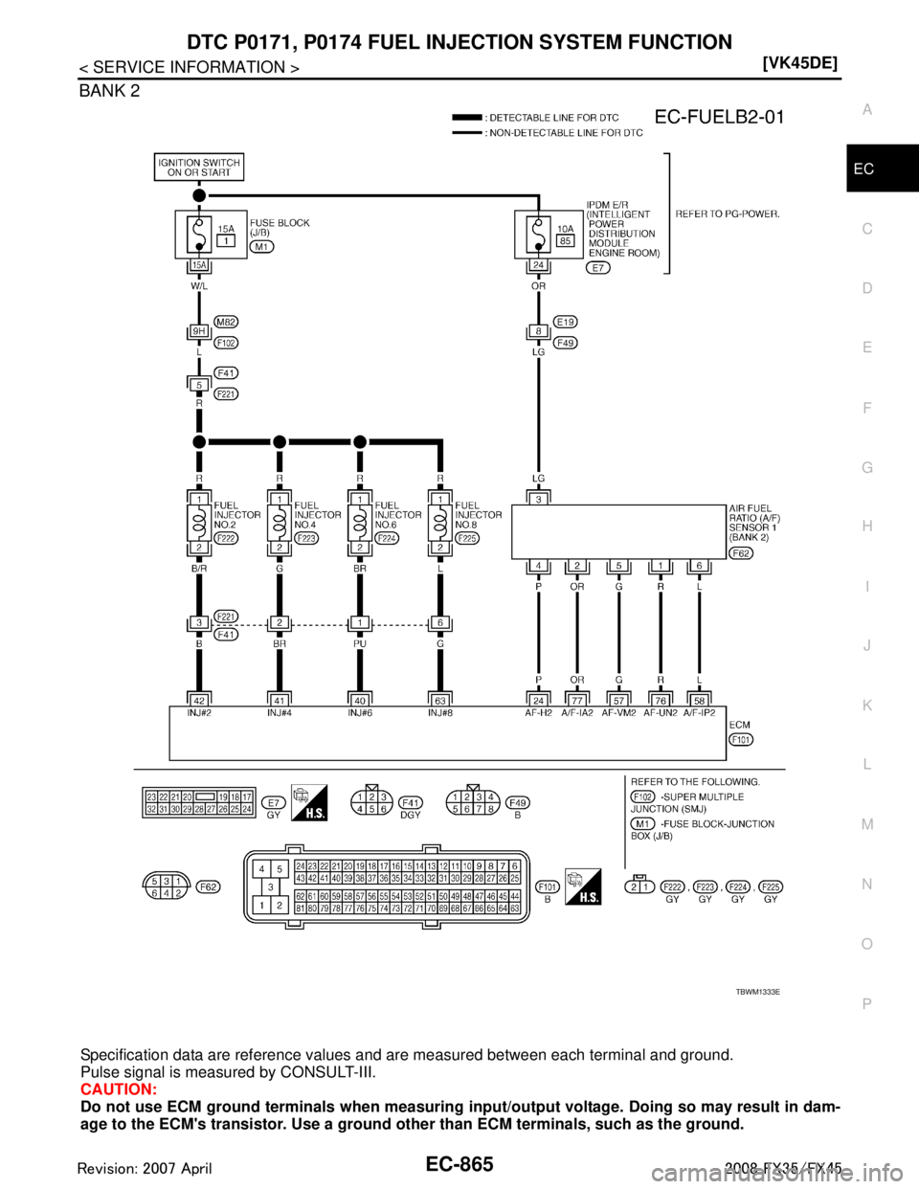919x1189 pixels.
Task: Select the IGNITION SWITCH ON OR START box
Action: point(198,168)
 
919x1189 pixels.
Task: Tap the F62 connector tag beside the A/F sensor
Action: point(740,552)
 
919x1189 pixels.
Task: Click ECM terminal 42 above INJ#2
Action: point(197,699)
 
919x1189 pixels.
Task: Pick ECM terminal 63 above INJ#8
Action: point(439,699)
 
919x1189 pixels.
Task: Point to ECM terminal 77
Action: point(578,699)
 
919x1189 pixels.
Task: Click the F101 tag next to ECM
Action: point(741,739)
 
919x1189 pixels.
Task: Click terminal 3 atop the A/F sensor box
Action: point(539,498)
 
